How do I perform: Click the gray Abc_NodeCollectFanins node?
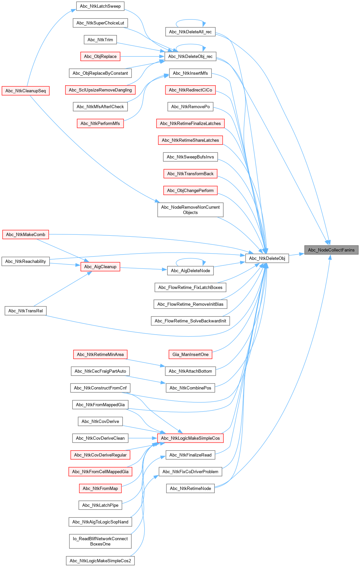coord(331,250)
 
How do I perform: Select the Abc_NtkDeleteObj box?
coord(267,258)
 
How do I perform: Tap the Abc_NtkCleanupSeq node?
coord(25,91)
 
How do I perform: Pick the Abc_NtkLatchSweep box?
coord(100,6)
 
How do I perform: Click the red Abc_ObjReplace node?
coord(100,56)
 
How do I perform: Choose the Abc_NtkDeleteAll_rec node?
coord(190,32)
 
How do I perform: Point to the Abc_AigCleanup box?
coord(100,267)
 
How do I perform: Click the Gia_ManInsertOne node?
coord(190,354)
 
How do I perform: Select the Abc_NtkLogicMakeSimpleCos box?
coord(190,438)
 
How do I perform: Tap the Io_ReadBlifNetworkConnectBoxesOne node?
coord(100,541)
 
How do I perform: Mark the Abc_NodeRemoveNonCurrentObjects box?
coord(190,210)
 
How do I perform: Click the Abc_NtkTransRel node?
coord(25,311)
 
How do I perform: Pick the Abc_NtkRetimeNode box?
coord(190,488)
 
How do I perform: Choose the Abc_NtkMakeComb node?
coord(25,234)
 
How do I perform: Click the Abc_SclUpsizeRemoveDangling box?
coord(100,90)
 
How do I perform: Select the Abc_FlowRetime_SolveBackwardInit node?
coord(190,321)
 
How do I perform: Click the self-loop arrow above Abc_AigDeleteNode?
coord(190,259)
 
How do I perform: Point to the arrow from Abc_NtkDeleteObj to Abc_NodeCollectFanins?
coord(296,254)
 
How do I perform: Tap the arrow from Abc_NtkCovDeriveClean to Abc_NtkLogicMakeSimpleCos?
coord(143,438)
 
